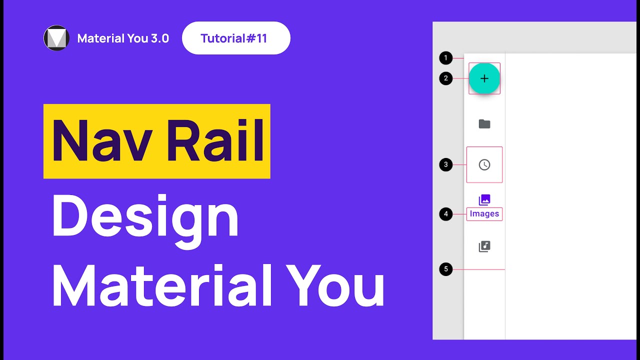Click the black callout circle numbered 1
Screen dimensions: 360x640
445,58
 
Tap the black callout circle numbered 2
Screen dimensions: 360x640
445,78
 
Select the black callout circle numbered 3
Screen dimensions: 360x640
445,164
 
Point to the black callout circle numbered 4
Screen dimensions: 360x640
445,214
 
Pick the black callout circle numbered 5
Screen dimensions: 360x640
445,269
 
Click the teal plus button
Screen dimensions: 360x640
484,78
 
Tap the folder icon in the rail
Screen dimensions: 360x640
484,124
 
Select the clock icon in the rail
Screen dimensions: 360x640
484,164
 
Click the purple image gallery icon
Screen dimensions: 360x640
484,200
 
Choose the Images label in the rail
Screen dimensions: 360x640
484,214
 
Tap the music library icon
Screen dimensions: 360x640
484,246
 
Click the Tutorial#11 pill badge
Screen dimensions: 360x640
236,38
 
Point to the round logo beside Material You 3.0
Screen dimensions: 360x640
56,38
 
